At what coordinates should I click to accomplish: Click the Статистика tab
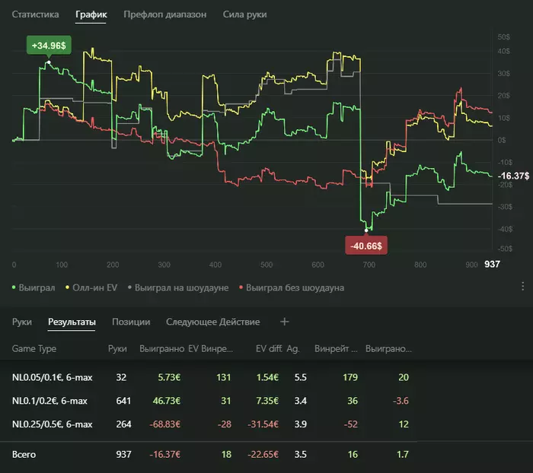click(x=36, y=14)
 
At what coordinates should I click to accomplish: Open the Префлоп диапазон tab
click(x=164, y=14)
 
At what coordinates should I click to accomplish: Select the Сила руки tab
click(x=245, y=14)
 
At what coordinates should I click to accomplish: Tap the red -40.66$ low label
click(x=367, y=246)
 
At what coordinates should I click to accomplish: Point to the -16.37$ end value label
click(x=513, y=176)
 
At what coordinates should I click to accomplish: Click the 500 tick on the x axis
click(x=266, y=265)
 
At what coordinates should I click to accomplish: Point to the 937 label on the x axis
click(x=493, y=265)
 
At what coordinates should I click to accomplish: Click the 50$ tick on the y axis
click(x=503, y=37)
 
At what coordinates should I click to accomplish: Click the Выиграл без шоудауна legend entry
click(x=293, y=287)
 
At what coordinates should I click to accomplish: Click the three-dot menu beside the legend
click(x=522, y=287)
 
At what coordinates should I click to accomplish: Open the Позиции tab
click(x=131, y=322)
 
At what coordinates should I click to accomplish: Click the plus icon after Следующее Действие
click(x=285, y=322)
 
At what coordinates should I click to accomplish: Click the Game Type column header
click(x=34, y=349)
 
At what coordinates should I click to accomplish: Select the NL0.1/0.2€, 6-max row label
click(x=52, y=400)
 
